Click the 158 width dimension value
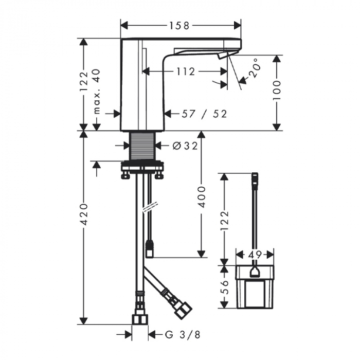pos(179,26)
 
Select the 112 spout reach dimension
pos(186,71)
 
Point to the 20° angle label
pos(255,68)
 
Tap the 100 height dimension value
pos(277,90)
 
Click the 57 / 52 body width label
pos(204,114)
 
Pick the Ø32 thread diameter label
pos(185,146)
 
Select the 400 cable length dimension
pos(202,197)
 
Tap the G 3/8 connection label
pos(183,335)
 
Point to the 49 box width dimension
pos(255,255)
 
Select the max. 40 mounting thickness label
pos(97,91)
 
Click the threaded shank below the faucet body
pos(142,146)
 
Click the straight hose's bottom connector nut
pos(140,319)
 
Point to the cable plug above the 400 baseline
pos(150,248)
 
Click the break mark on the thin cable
pos(150,208)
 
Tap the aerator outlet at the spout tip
pos(223,56)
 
